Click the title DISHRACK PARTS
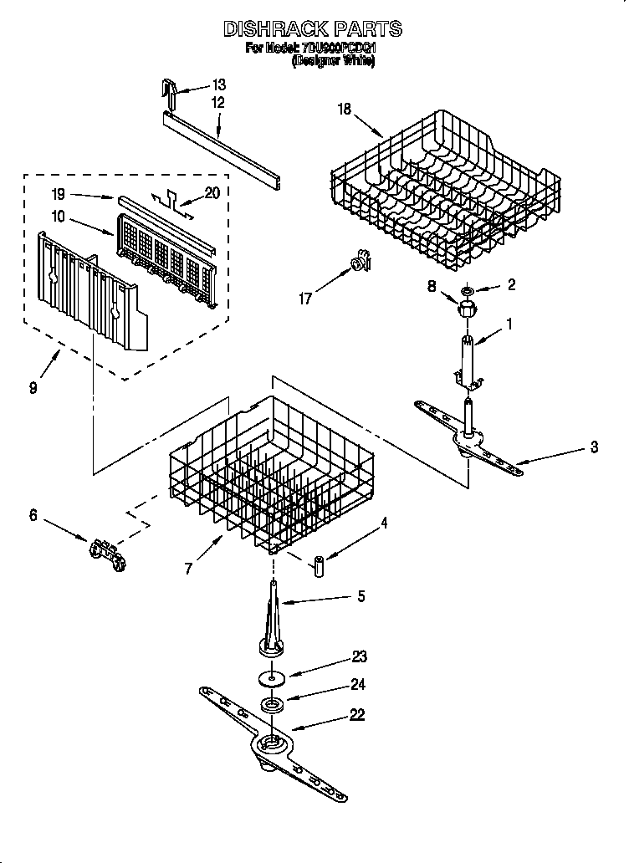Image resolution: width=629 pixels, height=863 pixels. tap(312, 29)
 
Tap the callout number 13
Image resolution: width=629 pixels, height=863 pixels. tap(218, 84)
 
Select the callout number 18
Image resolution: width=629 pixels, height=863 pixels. tap(344, 108)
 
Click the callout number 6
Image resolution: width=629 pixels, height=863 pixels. tap(33, 515)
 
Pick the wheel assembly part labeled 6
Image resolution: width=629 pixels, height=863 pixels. tap(105, 553)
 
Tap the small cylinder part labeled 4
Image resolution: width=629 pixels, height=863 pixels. tap(319, 565)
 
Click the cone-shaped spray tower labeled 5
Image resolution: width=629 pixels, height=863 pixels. tap(274, 623)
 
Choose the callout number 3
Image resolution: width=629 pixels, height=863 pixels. tap(594, 447)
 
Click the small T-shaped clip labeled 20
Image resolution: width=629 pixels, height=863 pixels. tap(171, 202)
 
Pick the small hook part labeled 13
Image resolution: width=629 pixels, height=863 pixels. tap(170, 92)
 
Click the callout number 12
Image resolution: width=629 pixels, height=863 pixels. tap(218, 104)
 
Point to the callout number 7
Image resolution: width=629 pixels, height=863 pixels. tap(190, 569)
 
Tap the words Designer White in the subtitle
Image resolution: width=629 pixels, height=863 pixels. tap(333, 62)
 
